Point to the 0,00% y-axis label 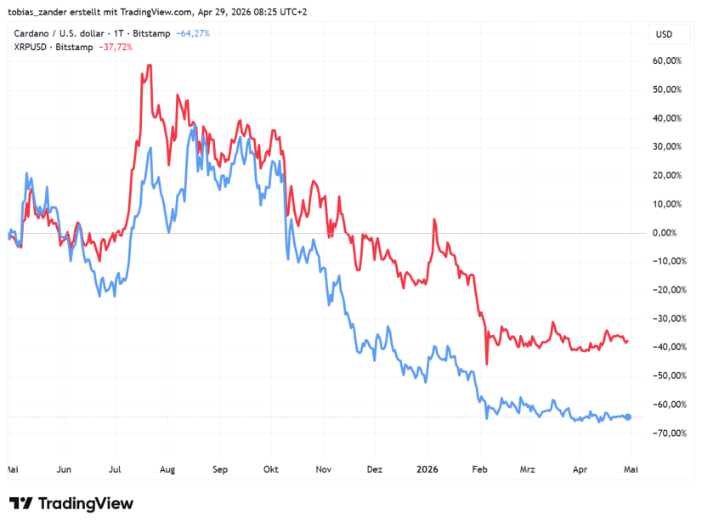(x=667, y=233)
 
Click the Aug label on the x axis (x=167, y=468)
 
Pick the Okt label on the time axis (x=271, y=468)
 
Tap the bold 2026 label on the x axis (x=427, y=468)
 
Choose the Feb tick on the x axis (x=480, y=468)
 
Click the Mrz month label (x=528, y=468)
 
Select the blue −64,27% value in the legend (x=192, y=33)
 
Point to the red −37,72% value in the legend (x=116, y=47)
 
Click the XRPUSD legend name (x=32, y=47)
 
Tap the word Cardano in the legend (x=33, y=33)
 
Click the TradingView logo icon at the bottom (x=21, y=503)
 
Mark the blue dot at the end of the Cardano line (x=628, y=416)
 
